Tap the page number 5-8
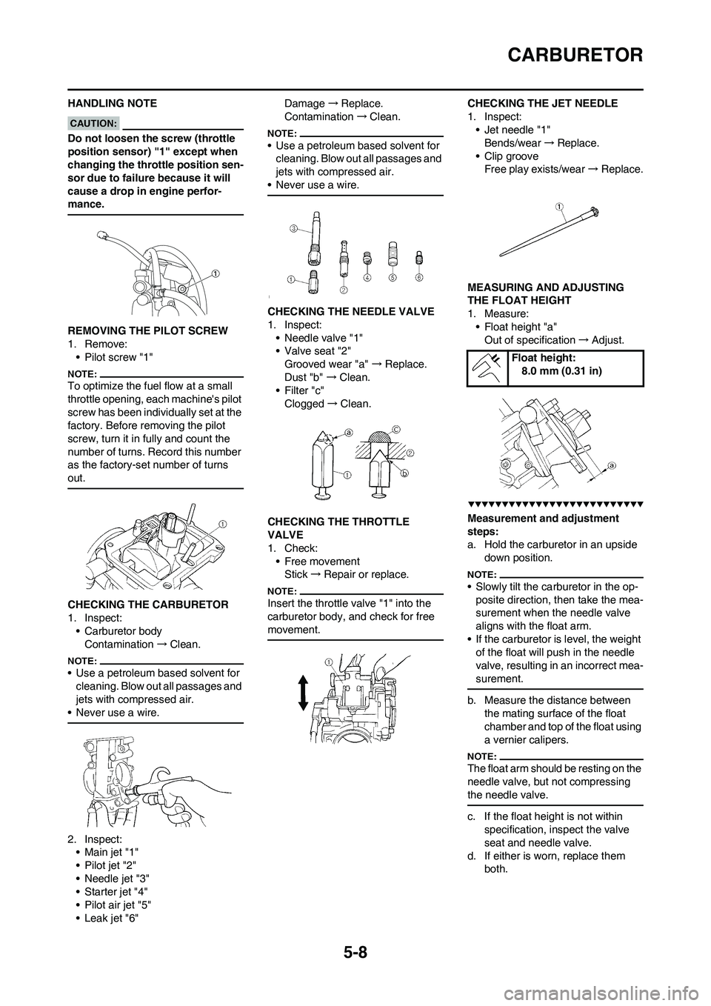pyautogui.click(x=355, y=947)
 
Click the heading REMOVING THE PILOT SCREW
pyautogui.click(x=147, y=330)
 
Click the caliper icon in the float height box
pyautogui.click(x=487, y=367)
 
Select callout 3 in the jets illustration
pyautogui.click(x=293, y=229)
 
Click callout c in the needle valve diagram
pyautogui.click(x=397, y=427)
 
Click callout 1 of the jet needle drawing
pyautogui.click(x=560, y=204)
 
